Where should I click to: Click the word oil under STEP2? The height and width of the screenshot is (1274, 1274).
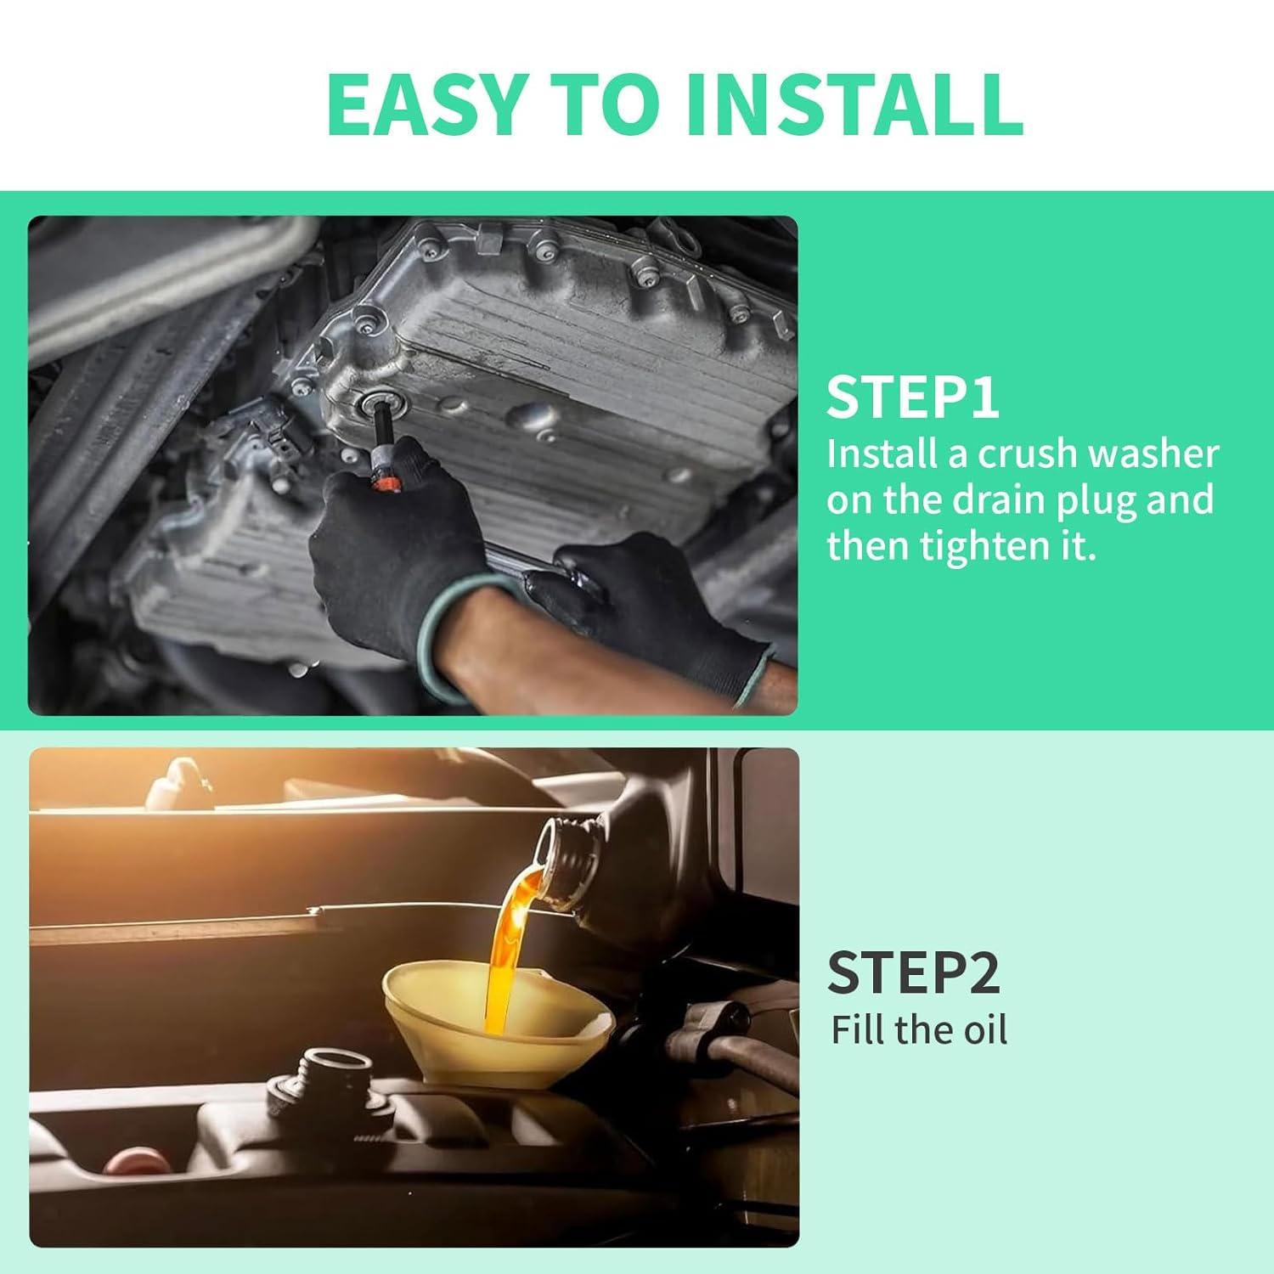click(984, 1030)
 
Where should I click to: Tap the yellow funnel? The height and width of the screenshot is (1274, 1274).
click(497, 1028)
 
